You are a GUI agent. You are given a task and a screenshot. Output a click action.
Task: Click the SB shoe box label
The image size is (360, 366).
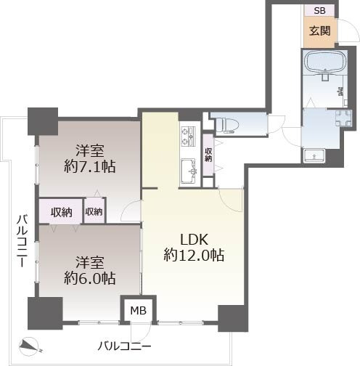pyautogui.click(x=319, y=11)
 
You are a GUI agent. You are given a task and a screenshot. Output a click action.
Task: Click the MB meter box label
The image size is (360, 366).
pyautogui.click(x=138, y=311)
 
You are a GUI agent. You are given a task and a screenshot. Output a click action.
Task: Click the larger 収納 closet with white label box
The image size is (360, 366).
pyautogui.click(x=61, y=212)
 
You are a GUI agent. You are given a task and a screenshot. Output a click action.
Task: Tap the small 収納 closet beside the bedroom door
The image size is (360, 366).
pyautogui.click(x=94, y=212)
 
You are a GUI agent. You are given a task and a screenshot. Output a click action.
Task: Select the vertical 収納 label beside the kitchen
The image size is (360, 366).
pyautogui.click(x=208, y=154)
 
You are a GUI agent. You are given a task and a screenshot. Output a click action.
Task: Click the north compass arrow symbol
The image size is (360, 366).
pyautogui.click(x=29, y=346)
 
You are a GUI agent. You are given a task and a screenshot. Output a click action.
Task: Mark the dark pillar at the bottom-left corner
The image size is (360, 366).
pyautogui.click(x=42, y=314)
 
